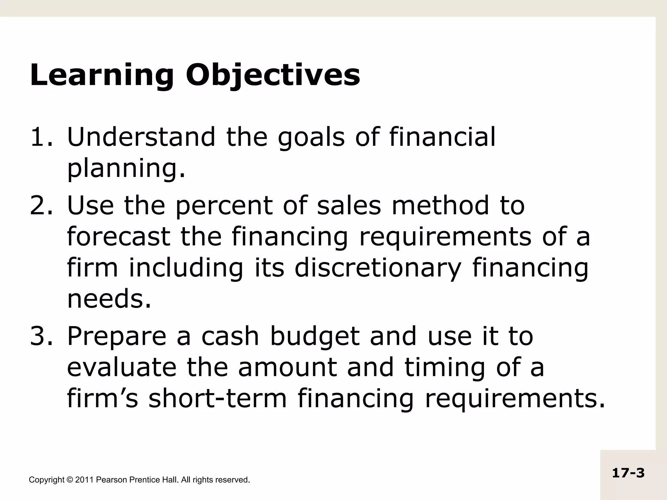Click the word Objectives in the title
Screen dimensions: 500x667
(273, 76)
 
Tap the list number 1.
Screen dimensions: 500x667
(40, 137)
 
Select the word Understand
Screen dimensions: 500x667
(141, 137)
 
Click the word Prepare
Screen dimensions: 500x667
(117, 337)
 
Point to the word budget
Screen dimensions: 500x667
(315, 337)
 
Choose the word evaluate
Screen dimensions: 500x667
(121, 368)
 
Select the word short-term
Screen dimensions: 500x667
(218, 399)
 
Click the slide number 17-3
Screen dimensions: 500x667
(628, 473)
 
